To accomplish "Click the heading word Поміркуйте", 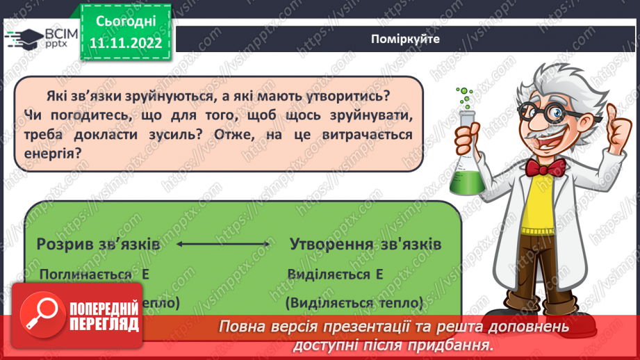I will coord(405,40).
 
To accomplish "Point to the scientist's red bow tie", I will coord(544,167).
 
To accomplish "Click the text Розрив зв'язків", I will coord(98,245).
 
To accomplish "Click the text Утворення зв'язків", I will coord(365,245).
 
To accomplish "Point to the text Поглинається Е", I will coord(95,275).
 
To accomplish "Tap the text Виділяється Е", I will coord(335,275).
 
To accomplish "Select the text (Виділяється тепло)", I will coord(354,303).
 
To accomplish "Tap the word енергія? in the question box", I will coord(53,152).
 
